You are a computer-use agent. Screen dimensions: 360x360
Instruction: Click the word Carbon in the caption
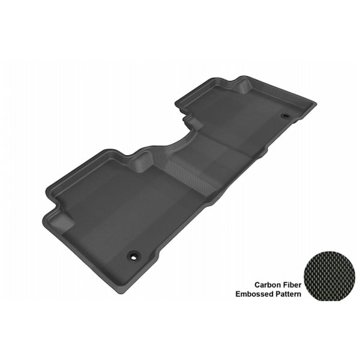(267, 285)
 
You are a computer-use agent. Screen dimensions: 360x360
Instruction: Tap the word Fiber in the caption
(292, 285)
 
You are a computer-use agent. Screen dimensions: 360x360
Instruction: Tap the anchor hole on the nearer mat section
(133, 257)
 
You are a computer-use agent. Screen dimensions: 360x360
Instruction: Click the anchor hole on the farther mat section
(286, 116)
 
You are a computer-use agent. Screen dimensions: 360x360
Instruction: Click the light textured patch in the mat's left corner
(60, 222)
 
